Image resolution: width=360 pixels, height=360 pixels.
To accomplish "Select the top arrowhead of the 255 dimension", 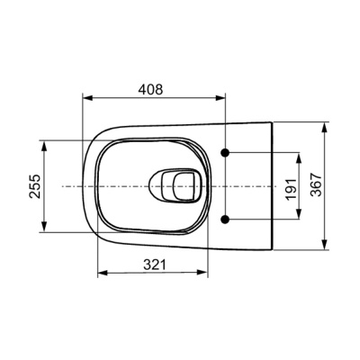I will pyautogui.click(x=43, y=142).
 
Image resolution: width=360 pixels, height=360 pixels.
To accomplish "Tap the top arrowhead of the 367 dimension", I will pyautogui.click(x=323, y=123).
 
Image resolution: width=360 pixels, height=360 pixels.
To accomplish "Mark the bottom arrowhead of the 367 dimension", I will pyautogui.click(x=323, y=246).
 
